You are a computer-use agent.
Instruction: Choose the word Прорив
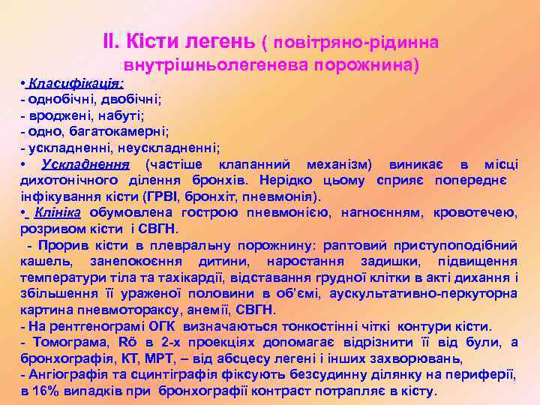pyautogui.click(x=58, y=245)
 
